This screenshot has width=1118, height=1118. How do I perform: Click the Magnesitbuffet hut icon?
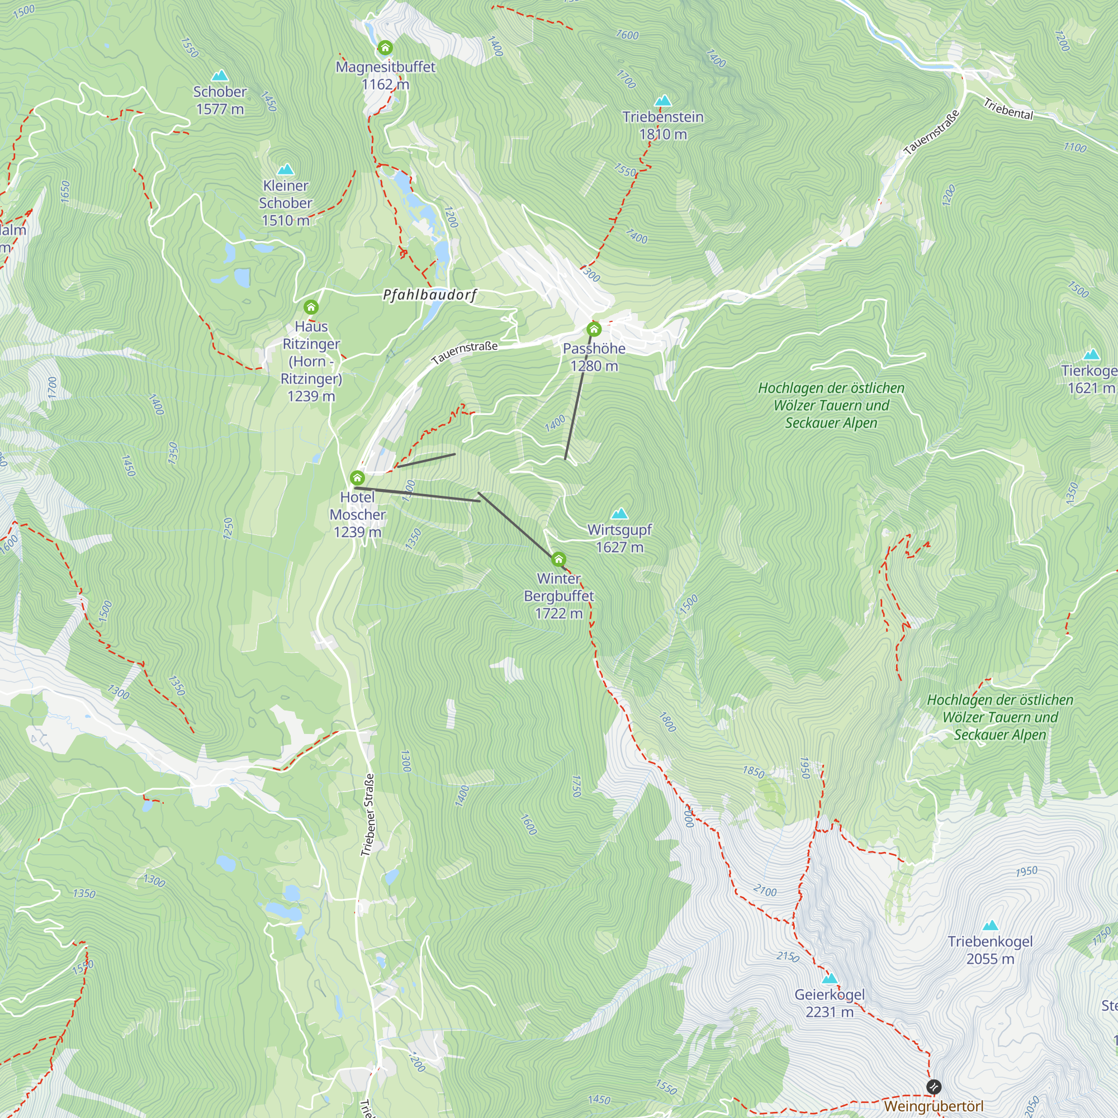pos(385,48)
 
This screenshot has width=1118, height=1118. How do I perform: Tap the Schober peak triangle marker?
pos(219,76)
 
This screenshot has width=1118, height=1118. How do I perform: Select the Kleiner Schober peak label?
pos(285,202)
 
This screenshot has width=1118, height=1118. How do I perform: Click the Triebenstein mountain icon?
pos(663,101)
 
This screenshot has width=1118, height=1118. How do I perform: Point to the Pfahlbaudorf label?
pos(429,295)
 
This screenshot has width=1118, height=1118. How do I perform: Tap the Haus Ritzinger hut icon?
pos(311,307)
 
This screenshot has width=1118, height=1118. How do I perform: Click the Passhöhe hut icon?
pos(594,330)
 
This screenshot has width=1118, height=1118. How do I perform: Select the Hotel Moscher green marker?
pos(357,478)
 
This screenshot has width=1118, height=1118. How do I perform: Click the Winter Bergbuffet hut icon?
pos(558,559)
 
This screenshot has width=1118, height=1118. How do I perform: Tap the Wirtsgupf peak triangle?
pos(620,513)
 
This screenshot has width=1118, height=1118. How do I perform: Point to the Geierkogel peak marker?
pos(830,979)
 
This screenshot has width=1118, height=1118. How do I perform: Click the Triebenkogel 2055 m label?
pos(990,950)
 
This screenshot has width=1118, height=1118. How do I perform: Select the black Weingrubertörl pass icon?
pos(934,1087)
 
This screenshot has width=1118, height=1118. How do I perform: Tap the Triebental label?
pos(1008,109)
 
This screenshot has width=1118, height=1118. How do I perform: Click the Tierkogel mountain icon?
pos(1091,354)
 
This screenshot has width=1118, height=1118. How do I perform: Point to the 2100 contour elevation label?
pos(765,891)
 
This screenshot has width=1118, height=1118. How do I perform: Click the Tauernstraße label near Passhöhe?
pos(464,353)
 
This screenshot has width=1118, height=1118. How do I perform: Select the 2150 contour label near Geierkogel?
pos(788,956)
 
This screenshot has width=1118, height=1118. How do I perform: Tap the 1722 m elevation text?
pos(558,613)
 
